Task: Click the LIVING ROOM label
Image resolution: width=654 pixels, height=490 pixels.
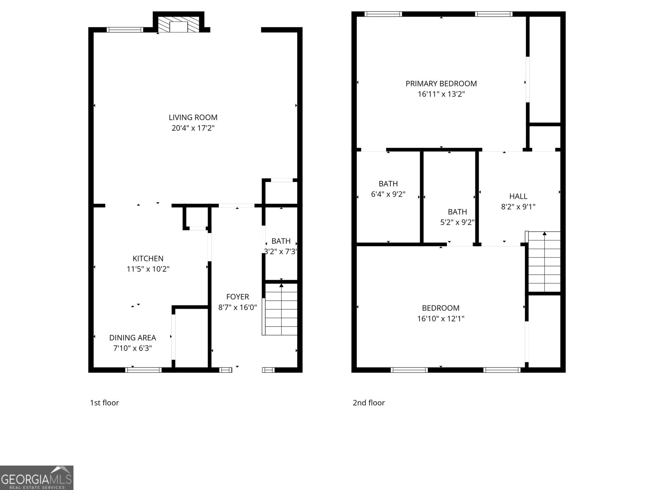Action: click(193, 118)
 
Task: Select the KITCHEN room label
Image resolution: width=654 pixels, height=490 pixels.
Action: click(148, 258)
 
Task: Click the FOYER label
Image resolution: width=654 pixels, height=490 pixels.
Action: click(237, 297)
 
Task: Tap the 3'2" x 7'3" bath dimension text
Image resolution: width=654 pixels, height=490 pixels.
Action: click(280, 252)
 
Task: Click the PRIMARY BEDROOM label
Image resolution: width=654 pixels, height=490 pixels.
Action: click(441, 84)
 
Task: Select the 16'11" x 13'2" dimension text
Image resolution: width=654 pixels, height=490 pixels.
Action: click(441, 94)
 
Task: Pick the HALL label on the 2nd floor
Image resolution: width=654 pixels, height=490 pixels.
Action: click(518, 196)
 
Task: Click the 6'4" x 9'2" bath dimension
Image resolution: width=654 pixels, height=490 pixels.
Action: click(388, 194)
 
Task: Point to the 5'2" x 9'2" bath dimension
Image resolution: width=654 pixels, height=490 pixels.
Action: click(457, 223)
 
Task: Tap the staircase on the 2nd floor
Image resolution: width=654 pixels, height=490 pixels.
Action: click(544, 262)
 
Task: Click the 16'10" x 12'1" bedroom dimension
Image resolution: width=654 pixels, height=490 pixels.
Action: click(441, 318)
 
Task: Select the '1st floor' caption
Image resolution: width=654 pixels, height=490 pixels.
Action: click(104, 403)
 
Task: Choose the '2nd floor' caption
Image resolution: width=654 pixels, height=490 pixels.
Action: click(369, 403)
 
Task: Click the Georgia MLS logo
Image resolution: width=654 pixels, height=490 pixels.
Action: click(36, 478)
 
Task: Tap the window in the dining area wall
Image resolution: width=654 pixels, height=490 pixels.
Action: click(143, 370)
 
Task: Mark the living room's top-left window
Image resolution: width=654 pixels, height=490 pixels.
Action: click(125, 29)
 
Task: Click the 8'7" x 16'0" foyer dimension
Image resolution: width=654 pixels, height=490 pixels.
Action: click(237, 307)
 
